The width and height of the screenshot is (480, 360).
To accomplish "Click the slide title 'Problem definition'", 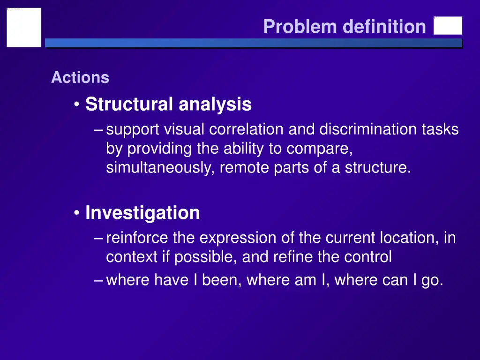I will coord(345,26).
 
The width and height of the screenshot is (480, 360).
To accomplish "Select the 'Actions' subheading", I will coord(80,77).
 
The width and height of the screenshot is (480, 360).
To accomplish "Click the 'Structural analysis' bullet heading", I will coord(168,104).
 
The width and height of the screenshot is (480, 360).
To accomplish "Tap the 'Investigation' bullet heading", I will coord(142,213).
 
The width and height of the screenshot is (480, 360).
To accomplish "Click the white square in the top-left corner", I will coord(24,27).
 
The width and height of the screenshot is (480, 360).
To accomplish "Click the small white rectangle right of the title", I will coord(448,26).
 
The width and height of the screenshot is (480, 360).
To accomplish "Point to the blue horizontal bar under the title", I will coord(253,43).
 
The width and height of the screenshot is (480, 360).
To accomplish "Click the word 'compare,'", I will coord(319,149).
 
